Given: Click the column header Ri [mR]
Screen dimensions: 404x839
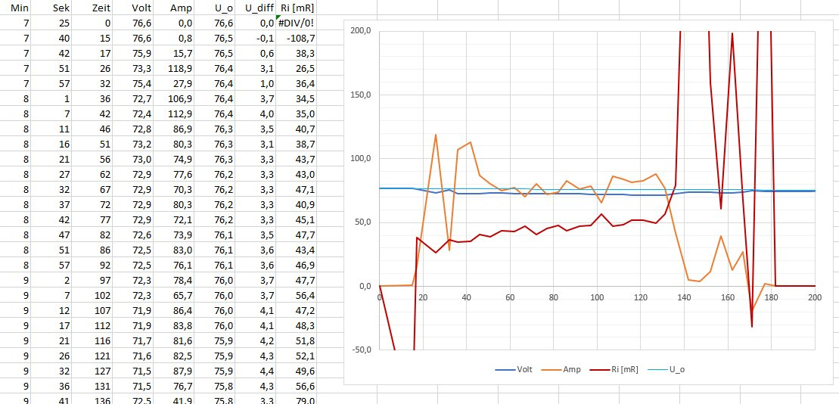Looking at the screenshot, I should click(297, 8).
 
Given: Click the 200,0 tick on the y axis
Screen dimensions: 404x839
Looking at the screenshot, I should click(359, 31).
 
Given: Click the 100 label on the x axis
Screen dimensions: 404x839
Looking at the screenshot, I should click(598, 297).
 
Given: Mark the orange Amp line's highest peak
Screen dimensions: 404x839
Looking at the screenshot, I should click(435, 135).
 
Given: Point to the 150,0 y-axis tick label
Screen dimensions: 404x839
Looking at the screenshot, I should click(359, 95).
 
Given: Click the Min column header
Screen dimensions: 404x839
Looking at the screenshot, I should click(18, 8).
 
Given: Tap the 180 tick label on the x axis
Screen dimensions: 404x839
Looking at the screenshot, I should click(772, 297).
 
